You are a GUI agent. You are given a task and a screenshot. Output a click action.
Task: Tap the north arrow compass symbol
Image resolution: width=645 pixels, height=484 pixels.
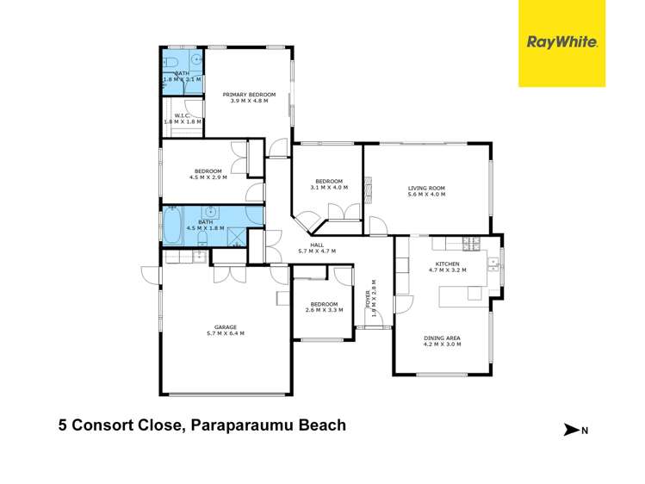(x=571, y=429)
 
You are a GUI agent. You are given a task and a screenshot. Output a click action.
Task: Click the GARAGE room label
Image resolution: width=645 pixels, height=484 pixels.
(x=226, y=327)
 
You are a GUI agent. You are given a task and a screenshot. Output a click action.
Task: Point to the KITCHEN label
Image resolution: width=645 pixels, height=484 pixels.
(x=447, y=264)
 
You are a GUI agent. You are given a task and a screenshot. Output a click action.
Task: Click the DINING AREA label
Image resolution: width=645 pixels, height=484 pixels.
(x=442, y=338)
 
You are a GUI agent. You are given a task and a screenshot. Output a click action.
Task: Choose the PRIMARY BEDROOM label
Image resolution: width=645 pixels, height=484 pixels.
(x=249, y=94)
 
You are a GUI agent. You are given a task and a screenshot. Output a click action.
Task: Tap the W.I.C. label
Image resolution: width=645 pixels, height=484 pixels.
(x=183, y=115)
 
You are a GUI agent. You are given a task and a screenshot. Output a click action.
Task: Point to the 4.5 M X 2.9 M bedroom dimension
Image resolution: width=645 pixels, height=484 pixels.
(x=208, y=177)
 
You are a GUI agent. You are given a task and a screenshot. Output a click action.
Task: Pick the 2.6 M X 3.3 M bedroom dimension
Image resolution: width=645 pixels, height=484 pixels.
(x=324, y=310)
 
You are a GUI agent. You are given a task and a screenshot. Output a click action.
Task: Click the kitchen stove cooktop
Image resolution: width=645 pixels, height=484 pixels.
(x=472, y=242)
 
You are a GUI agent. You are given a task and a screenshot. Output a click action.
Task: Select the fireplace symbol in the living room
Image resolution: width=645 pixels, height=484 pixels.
(x=369, y=186)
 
